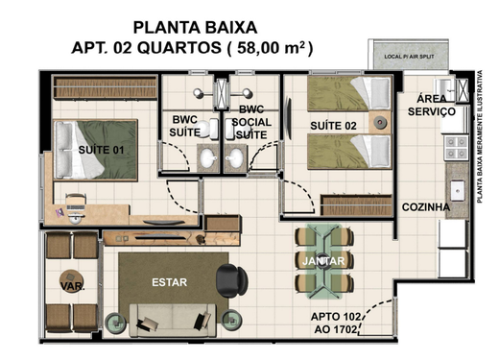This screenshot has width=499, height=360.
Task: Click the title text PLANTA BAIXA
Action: coord(195,26)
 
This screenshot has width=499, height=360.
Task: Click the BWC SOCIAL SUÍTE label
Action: coord(251,122)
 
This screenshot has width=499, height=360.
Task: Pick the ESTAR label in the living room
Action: coord(169,282)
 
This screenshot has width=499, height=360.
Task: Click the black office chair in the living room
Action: coord(230,279)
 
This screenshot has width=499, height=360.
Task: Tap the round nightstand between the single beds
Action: coord(382,123)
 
